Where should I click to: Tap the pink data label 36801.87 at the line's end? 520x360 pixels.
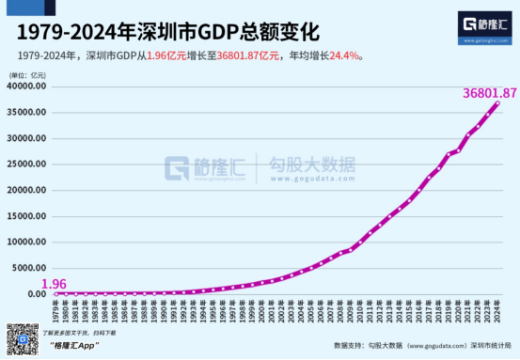pyautogui.click(x=478, y=93)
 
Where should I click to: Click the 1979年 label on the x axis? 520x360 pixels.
pyautogui.click(x=55, y=308)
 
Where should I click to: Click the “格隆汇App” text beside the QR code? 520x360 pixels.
pyautogui.click(x=74, y=346)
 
